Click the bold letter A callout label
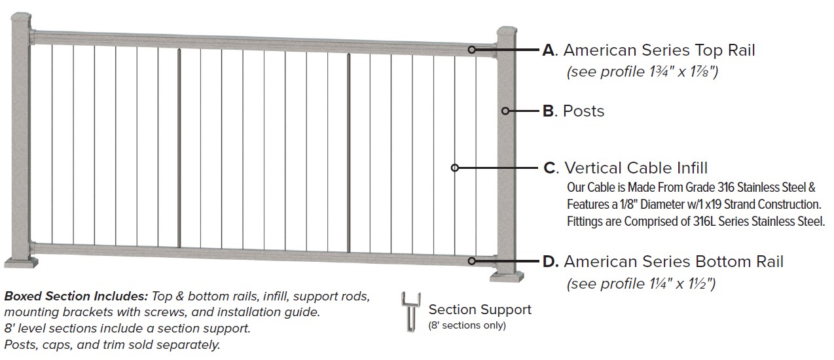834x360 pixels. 549,50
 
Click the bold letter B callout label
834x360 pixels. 549,111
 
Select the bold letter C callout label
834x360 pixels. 550,168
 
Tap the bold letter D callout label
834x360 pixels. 550,262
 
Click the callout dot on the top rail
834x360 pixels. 472,50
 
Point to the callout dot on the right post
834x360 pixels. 505,111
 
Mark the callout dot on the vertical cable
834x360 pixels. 455,168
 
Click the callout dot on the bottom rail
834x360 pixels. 472,261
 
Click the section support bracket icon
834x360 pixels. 410,313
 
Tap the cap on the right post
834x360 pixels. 506,32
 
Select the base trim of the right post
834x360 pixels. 508,274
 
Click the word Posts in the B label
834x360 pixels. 583,111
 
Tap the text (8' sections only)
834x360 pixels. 467,325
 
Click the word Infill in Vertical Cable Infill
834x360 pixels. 688,168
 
